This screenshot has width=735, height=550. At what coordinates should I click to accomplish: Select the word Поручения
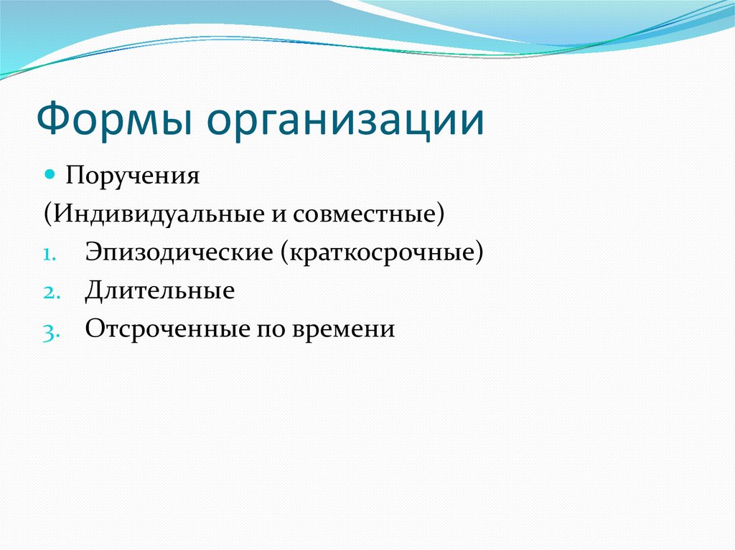tap(133, 176)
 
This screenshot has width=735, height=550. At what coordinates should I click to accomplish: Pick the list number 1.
tap(50, 256)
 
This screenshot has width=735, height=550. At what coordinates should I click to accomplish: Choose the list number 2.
tap(52, 293)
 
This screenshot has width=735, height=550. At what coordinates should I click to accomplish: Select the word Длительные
tap(160, 291)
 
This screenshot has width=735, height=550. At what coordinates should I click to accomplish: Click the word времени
tap(344, 330)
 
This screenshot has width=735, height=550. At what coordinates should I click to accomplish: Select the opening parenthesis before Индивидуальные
tap(47, 215)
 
